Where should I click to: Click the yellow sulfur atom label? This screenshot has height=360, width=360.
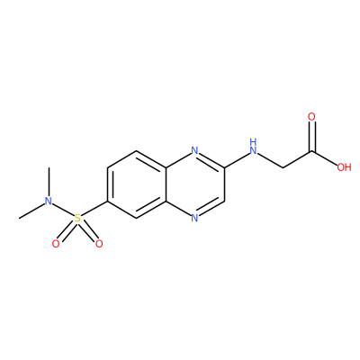click(77, 218)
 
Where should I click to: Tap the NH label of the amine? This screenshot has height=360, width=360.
click(254, 146)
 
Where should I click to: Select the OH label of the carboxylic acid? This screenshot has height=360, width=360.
click(344, 167)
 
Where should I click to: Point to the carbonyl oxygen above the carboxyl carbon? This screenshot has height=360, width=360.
click(312, 117)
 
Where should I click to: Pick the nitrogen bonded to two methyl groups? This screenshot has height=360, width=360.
click(49, 202)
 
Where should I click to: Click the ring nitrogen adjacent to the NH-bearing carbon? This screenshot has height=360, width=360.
click(195, 150)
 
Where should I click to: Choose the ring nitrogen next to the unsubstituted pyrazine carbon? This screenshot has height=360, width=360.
click(195, 218)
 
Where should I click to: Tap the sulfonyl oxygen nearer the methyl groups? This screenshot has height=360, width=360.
click(56, 244)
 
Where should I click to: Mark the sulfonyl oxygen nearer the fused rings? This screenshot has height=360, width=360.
click(99, 244)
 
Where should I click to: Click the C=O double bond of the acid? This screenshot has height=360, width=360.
click(312, 136)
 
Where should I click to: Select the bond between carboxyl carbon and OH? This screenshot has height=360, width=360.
click(325, 157)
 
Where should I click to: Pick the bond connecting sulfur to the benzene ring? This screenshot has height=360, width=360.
click(94, 208)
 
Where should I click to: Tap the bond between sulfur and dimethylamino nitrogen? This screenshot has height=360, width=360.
click(63, 210)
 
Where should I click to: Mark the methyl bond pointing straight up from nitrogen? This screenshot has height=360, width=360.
click(49, 182)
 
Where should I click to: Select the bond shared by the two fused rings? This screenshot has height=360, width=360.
click(166, 184)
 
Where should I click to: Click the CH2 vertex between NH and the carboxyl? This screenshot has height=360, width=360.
click(283, 167)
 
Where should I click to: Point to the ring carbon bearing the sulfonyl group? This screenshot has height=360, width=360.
click(107, 201)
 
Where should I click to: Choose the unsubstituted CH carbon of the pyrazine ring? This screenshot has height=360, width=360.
click(224, 201)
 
